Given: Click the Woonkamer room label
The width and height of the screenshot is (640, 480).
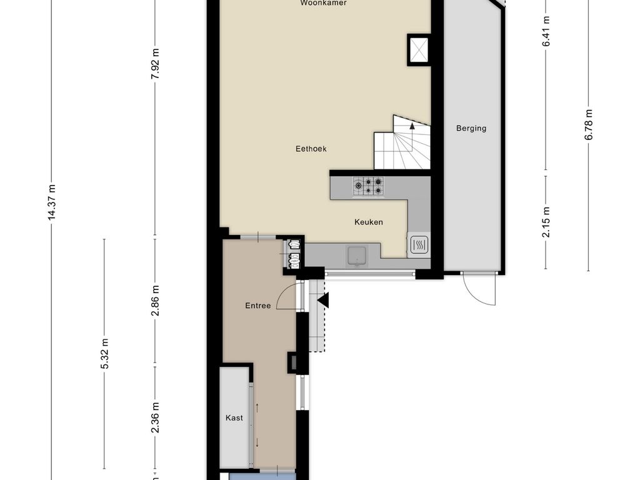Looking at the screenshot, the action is click(323, 3).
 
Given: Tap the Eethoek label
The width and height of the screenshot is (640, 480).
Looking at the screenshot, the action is click(311, 149).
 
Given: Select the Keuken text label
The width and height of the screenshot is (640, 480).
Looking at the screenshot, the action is click(369, 222).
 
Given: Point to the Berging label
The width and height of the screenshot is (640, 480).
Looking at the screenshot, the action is click(471, 129).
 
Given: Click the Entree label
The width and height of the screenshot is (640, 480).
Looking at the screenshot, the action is click(258, 306).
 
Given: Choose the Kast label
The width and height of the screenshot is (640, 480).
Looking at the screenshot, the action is click(234, 418).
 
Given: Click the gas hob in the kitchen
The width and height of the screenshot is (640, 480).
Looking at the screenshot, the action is click(368, 186).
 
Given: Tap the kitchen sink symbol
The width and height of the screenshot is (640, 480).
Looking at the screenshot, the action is click(357, 256).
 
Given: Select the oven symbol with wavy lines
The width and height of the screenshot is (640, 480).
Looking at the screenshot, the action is click(419, 245).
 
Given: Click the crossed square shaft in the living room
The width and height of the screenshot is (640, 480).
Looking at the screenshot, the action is click(419, 49).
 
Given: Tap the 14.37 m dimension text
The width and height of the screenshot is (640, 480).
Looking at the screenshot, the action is click(51, 202).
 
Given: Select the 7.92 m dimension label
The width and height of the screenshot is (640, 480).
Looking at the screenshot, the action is click(155, 64).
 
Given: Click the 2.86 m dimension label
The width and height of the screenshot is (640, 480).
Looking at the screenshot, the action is click(155, 301).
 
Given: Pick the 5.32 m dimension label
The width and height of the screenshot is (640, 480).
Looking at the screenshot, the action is click(104, 354).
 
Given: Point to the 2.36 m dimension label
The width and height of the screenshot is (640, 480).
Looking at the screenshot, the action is click(155, 417).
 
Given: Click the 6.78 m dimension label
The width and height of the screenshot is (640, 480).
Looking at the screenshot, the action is click(589, 125).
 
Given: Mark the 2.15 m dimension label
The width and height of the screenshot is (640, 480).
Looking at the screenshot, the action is click(546, 222).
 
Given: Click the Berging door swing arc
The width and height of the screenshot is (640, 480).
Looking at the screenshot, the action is click(474, 296).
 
